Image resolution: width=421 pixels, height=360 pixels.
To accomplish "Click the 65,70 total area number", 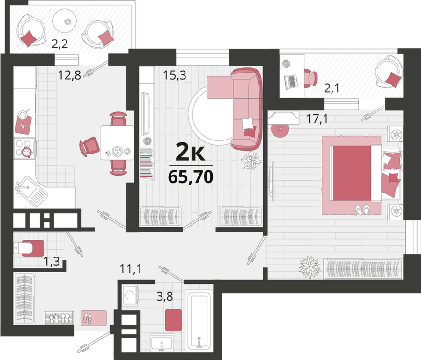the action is [191, 177].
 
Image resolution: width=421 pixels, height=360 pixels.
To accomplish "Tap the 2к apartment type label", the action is [190, 152].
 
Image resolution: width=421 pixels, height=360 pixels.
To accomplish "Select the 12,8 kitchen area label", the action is [69, 75].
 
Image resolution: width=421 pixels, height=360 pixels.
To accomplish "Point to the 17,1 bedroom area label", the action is [317, 118].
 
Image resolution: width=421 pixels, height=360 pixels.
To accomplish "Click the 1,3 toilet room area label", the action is [52, 261].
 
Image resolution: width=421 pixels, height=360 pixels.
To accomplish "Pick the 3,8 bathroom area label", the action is [164, 296].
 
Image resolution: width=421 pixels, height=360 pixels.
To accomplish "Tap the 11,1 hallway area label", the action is [131, 269].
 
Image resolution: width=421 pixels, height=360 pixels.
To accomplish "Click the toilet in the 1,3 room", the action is [29, 248].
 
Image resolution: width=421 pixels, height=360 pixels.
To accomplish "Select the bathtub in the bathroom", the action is [199, 321].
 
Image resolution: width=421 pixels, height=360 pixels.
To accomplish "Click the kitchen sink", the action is [30, 191].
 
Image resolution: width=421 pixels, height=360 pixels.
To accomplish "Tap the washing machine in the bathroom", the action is [130, 295].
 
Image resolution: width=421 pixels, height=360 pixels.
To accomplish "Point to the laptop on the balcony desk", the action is [291, 82].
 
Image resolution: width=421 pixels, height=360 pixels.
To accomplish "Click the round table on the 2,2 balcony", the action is [65, 21].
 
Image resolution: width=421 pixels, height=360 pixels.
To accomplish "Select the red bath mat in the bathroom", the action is [173, 320].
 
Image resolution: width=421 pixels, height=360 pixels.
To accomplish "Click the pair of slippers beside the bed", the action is [362, 209].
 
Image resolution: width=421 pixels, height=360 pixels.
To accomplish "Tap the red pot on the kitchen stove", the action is [27, 152].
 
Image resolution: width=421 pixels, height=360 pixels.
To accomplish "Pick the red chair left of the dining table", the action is [89, 147].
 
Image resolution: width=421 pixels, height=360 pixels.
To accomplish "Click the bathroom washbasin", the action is [162, 343].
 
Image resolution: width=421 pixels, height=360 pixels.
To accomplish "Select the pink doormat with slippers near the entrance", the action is [94, 318].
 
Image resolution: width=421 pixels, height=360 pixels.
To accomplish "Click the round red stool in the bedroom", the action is [281, 129].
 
